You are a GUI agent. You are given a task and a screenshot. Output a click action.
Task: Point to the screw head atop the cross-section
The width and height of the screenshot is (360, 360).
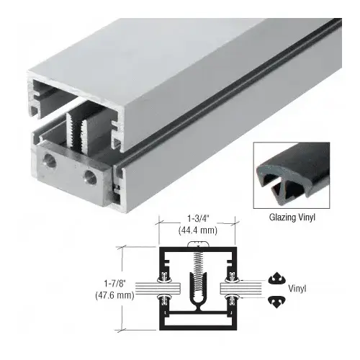196,246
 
